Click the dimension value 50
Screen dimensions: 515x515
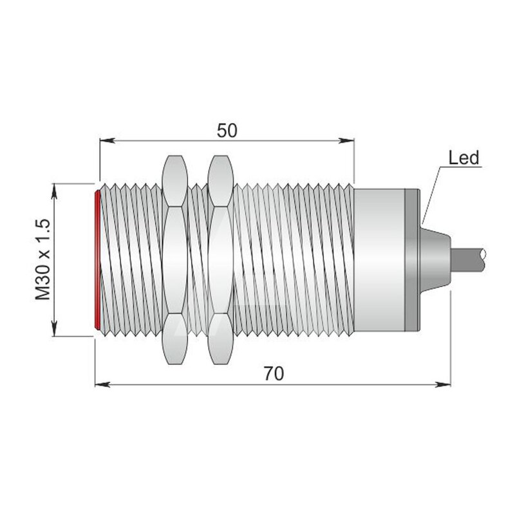(x=227, y=131)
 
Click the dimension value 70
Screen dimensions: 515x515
(x=274, y=374)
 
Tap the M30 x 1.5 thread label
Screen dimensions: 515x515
(x=43, y=260)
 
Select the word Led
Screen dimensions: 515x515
(x=464, y=158)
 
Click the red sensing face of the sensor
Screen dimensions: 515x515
(x=97, y=259)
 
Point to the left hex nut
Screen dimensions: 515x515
(x=175, y=260)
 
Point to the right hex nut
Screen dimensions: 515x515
(x=220, y=260)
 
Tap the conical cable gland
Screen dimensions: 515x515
(x=435, y=260)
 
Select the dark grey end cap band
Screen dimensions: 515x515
(x=412, y=260)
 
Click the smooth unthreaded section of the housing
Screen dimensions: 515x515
(x=379, y=260)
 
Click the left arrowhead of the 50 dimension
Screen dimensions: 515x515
(x=107, y=140)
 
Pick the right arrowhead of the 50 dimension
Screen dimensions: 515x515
(x=346, y=140)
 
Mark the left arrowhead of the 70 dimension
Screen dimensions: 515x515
(x=102, y=384)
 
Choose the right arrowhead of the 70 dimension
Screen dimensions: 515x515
(x=443, y=384)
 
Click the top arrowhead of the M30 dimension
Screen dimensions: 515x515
(x=55, y=191)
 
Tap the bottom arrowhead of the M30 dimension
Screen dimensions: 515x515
(x=55, y=328)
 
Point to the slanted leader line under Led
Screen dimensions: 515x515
(x=431, y=196)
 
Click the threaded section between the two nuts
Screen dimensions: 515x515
(x=198, y=260)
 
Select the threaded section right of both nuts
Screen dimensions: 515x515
(x=294, y=260)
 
